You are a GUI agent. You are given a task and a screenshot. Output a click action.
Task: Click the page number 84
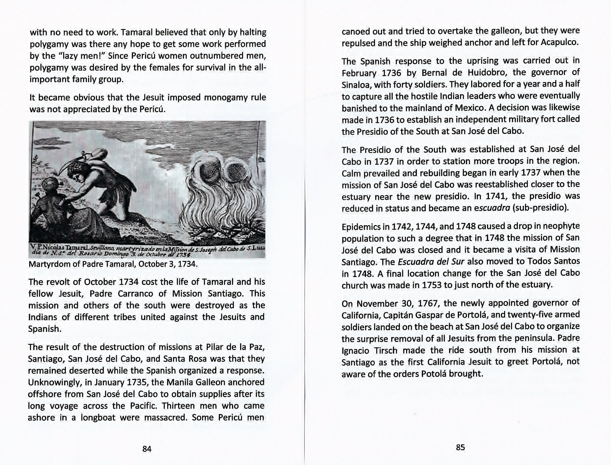point(147,449)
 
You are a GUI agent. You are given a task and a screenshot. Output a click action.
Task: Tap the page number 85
point(460,447)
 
